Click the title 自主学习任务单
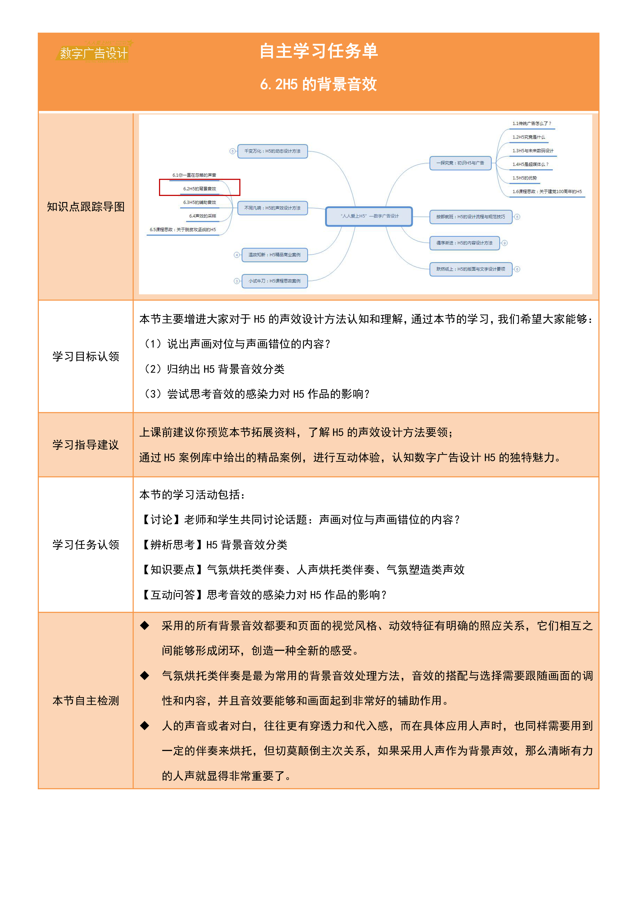[318, 51]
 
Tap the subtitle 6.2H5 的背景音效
[318, 84]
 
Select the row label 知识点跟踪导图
[86, 207]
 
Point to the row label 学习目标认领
[86, 356]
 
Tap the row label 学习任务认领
[86, 545]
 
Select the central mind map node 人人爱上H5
[369, 216]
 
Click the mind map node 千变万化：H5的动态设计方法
[272, 151]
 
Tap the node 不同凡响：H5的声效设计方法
[272, 208]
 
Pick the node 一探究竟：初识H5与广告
[460, 163]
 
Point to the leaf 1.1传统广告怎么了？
[531, 124]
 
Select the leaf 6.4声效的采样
[202, 216]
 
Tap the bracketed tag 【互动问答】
[173, 595]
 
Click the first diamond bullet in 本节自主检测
[145, 625]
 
